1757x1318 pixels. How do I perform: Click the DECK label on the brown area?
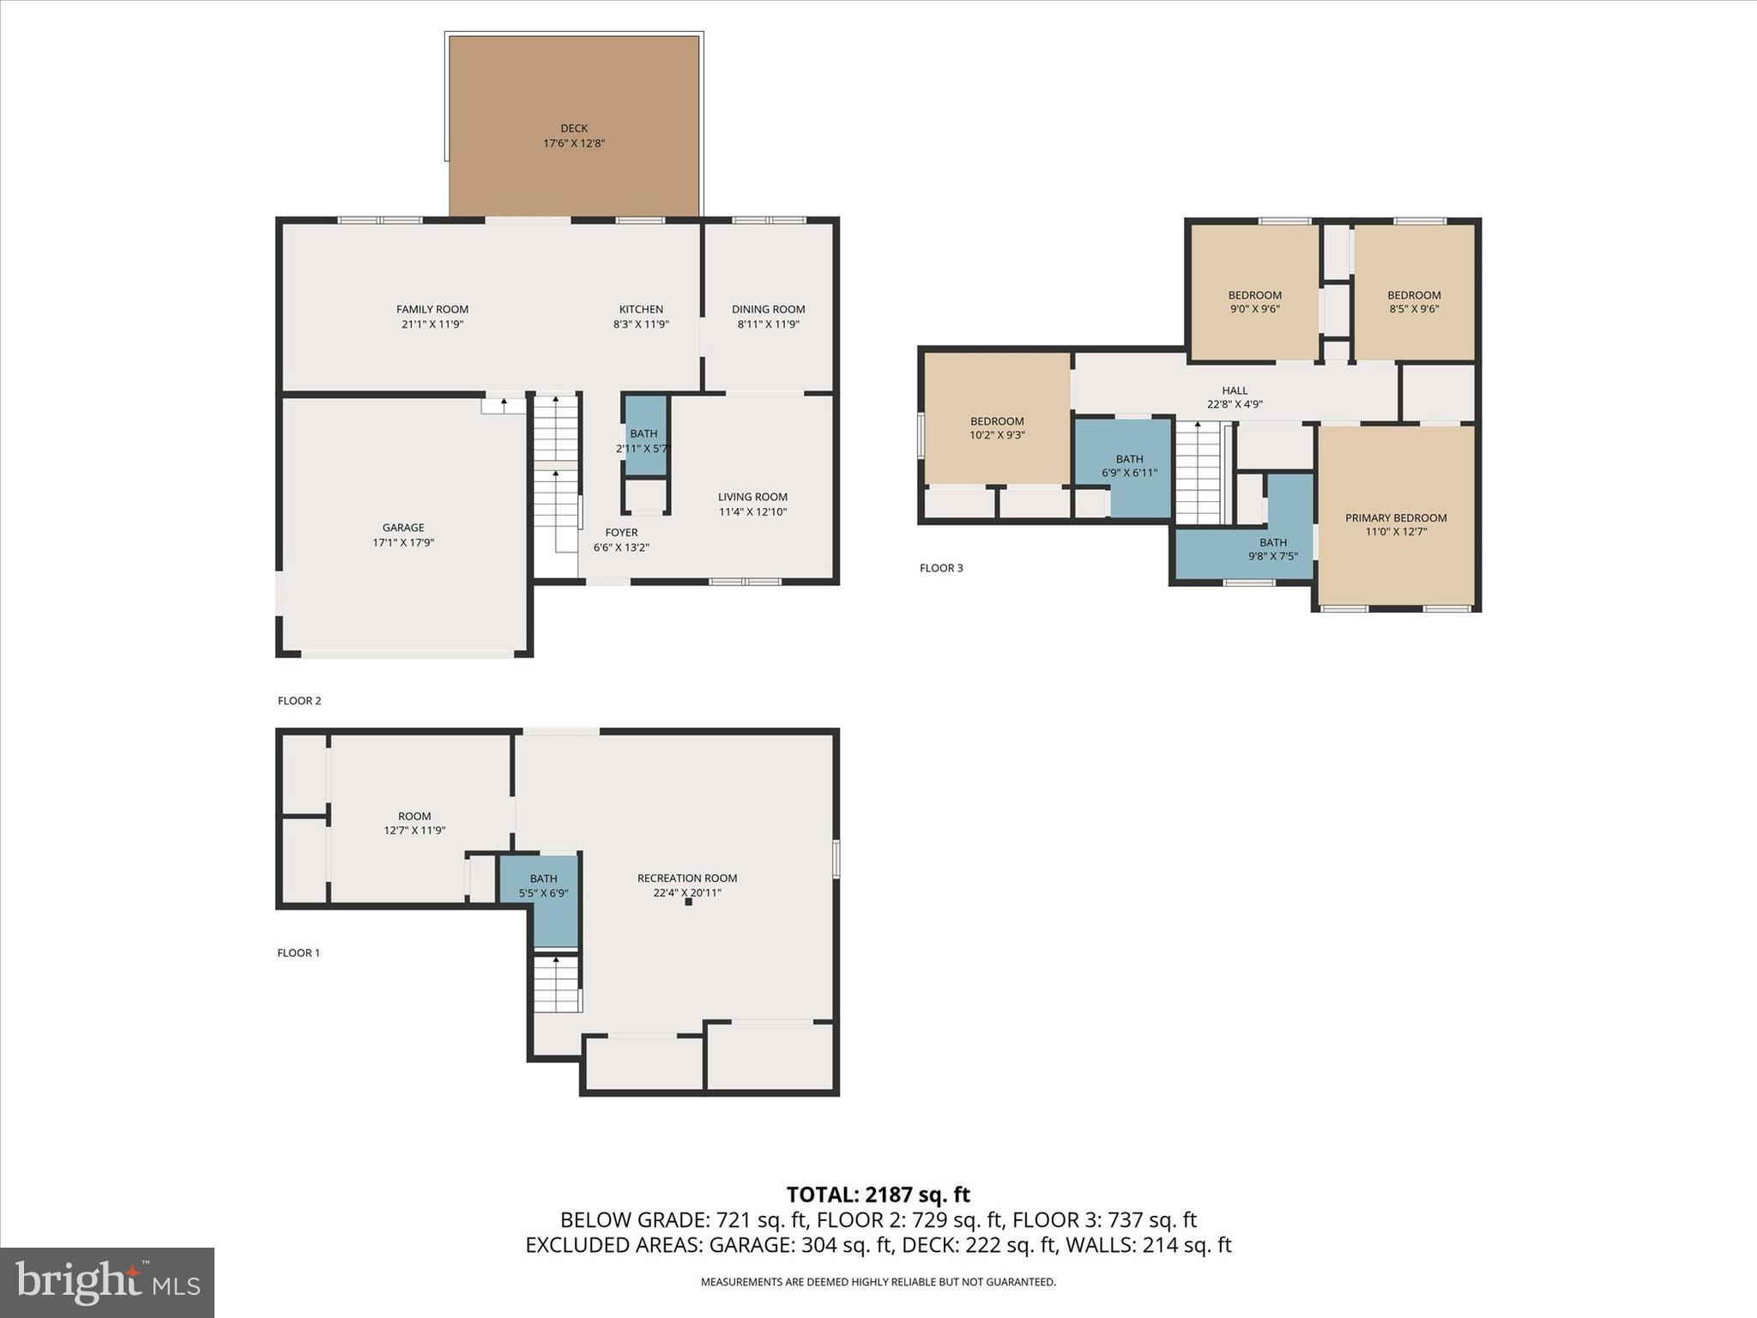pos(574,129)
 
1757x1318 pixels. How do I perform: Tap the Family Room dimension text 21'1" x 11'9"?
pos(432,324)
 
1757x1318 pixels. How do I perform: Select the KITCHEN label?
pos(641,310)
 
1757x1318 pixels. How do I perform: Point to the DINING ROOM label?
pos(768,310)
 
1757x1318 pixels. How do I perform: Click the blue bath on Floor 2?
pos(645,436)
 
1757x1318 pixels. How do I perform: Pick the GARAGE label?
pos(403,528)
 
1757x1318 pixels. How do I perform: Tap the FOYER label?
pos(621,533)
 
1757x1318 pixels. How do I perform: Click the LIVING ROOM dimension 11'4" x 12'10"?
pos(752,512)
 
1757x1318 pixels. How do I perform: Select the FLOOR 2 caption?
pos(299,701)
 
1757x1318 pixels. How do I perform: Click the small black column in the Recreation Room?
pos(688,902)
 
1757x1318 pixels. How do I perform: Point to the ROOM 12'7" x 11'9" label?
pos(414,823)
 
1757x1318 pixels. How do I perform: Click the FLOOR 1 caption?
pos(299,953)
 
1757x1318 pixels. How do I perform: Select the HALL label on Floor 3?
pos(1235,390)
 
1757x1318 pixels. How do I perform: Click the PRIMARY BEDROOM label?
pos(1396,518)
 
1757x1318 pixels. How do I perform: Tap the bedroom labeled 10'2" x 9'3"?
pos(997,428)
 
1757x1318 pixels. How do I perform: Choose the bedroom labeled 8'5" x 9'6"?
pos(1414,302)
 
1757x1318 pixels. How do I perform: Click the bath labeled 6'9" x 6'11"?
pos(1130,466)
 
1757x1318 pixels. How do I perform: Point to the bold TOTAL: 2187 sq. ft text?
pos(878,1194)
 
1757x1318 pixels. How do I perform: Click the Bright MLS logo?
pos(107,1282)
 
